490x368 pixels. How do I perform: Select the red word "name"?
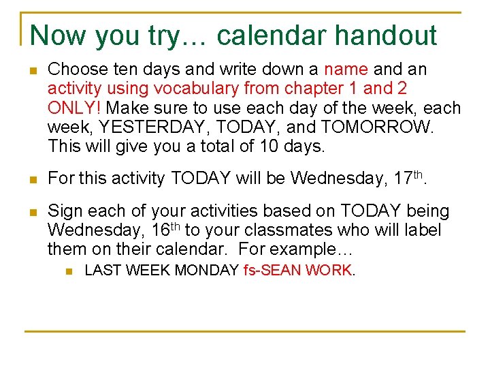(347, 70)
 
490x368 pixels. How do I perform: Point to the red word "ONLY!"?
(75, 108)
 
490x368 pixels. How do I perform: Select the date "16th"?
(162, 231)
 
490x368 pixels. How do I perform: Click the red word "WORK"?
(329, 271)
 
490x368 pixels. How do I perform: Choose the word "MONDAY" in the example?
(207, 271)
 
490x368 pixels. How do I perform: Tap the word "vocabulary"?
(198, 89)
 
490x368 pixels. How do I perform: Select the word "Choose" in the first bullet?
(73, 70)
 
